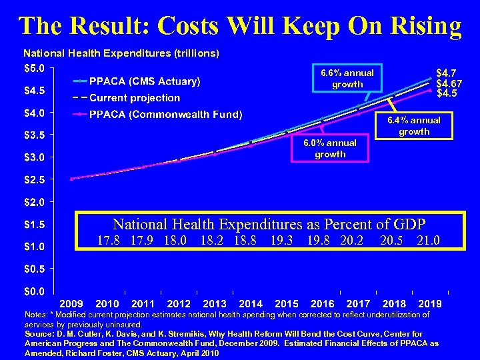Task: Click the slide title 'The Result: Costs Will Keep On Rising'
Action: tap(240, 25)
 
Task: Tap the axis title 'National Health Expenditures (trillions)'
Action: tap(121, 52)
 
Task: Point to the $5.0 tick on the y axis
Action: tap(33, 67)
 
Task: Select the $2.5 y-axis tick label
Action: tap(33, 179)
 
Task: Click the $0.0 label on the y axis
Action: tap(33, 291)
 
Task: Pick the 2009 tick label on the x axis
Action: tap(72, 303)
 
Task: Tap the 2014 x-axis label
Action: tap(251, 303)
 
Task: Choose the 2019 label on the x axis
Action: tap(429, 303)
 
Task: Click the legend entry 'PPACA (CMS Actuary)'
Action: tap(145, 81)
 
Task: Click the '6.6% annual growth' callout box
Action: tap(347, 78)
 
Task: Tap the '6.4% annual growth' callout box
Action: tap(414, 125)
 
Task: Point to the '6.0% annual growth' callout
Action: tap(330, 148)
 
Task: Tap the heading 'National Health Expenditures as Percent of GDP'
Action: tap(269, 224)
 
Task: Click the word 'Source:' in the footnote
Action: tap(39, 334)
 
